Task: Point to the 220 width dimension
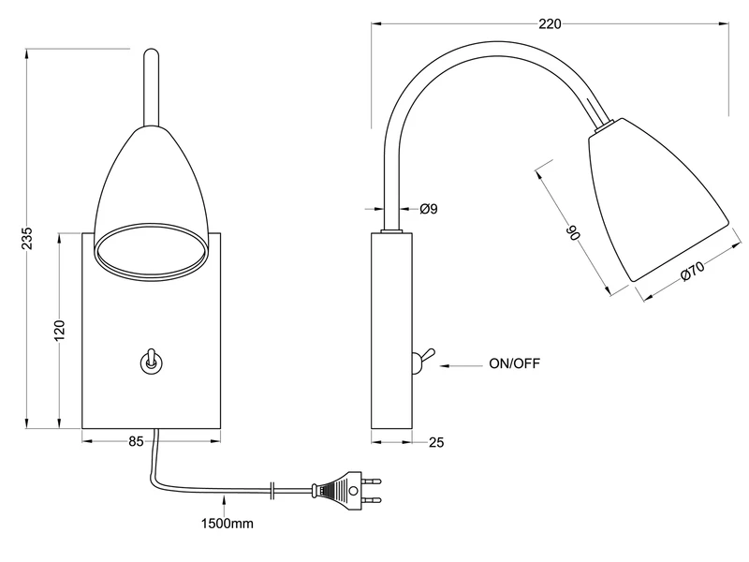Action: pos(550,24)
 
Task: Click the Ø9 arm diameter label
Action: pos(428,209)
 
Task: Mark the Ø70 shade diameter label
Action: pos(691,272)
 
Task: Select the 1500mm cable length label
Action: pos(228,524)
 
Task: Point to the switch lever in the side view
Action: pos(423,357)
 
